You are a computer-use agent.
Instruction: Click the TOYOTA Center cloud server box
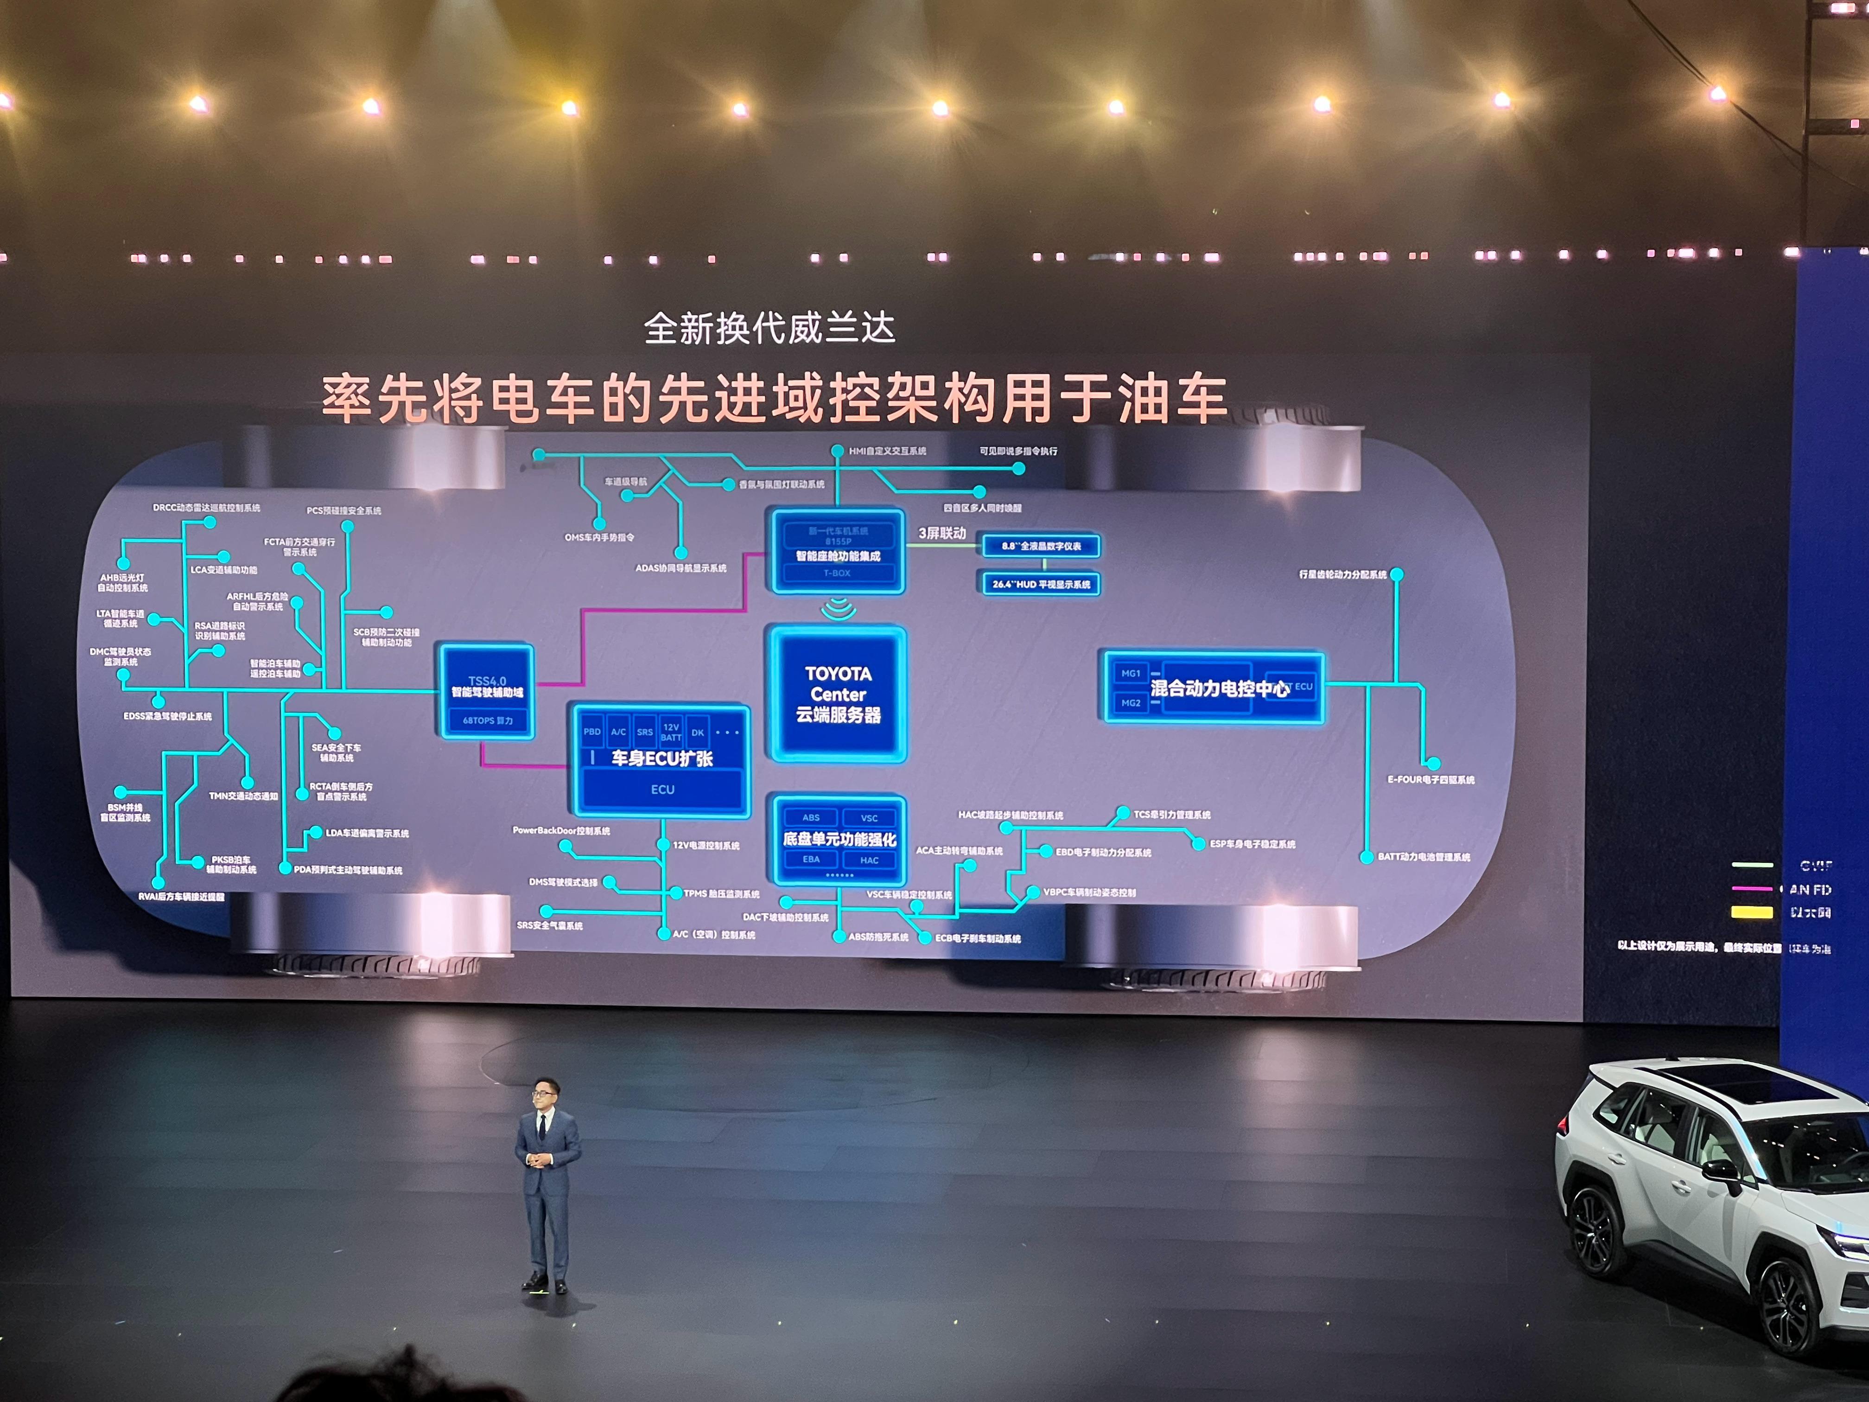click(x=837, y=694)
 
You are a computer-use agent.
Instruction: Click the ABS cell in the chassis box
click(x=811, y=817)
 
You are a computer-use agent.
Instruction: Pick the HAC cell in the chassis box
click(x=870, y=860)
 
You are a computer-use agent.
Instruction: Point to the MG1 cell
click(x=1131, y=674)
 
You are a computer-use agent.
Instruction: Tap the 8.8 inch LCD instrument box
click(x=1041, y=546)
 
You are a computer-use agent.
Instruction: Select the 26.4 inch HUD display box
click(x=1041, y=584)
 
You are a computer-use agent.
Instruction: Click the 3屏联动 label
click(x=942, y=533)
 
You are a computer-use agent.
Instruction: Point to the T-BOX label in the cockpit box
click(x=837, y=573)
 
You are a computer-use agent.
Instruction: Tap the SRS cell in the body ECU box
click(x=645, y=732)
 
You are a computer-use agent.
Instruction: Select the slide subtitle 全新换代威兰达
click(x=769, y=328)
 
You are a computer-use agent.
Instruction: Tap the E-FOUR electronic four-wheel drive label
click(x=1430, y=780)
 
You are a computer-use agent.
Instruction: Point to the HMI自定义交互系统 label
click(x=887, y=451)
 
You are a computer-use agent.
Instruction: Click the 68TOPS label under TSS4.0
click(x=488, y=721)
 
